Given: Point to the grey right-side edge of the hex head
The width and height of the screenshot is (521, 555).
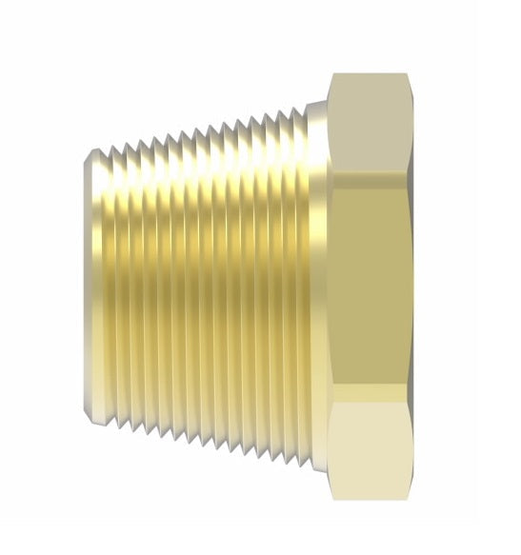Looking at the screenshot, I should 412,286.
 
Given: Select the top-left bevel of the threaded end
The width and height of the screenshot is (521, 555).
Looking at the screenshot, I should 89,157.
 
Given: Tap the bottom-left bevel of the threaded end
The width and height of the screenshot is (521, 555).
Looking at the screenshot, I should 89,415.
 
